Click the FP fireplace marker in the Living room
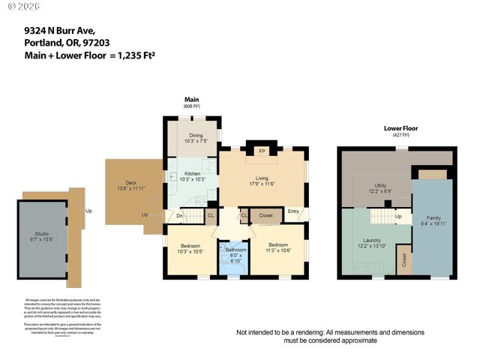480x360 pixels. click(262, 151)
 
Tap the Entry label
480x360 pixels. click(294, 211)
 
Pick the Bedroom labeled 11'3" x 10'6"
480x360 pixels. click(278, 248)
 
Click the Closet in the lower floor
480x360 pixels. click(405, 261)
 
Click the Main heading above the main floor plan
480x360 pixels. click(192, 100)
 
